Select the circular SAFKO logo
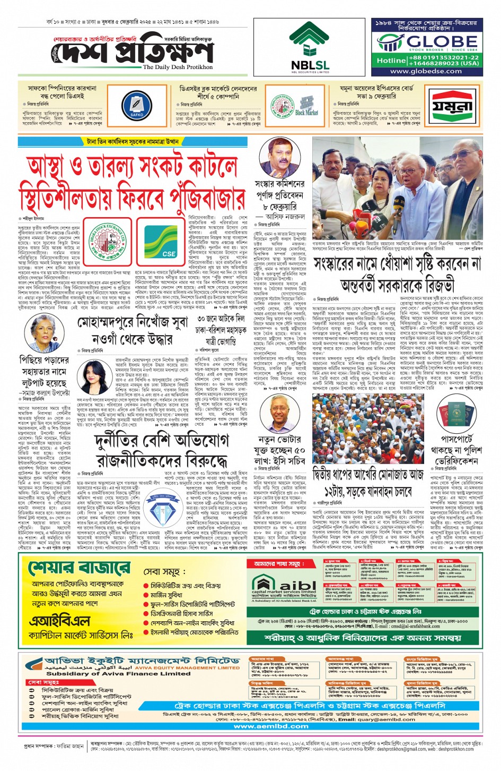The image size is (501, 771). tap(136, 106)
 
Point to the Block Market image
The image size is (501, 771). tap(306, 106)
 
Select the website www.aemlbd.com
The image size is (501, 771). tap(271, 726)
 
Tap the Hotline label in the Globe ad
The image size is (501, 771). tap(391, 61)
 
